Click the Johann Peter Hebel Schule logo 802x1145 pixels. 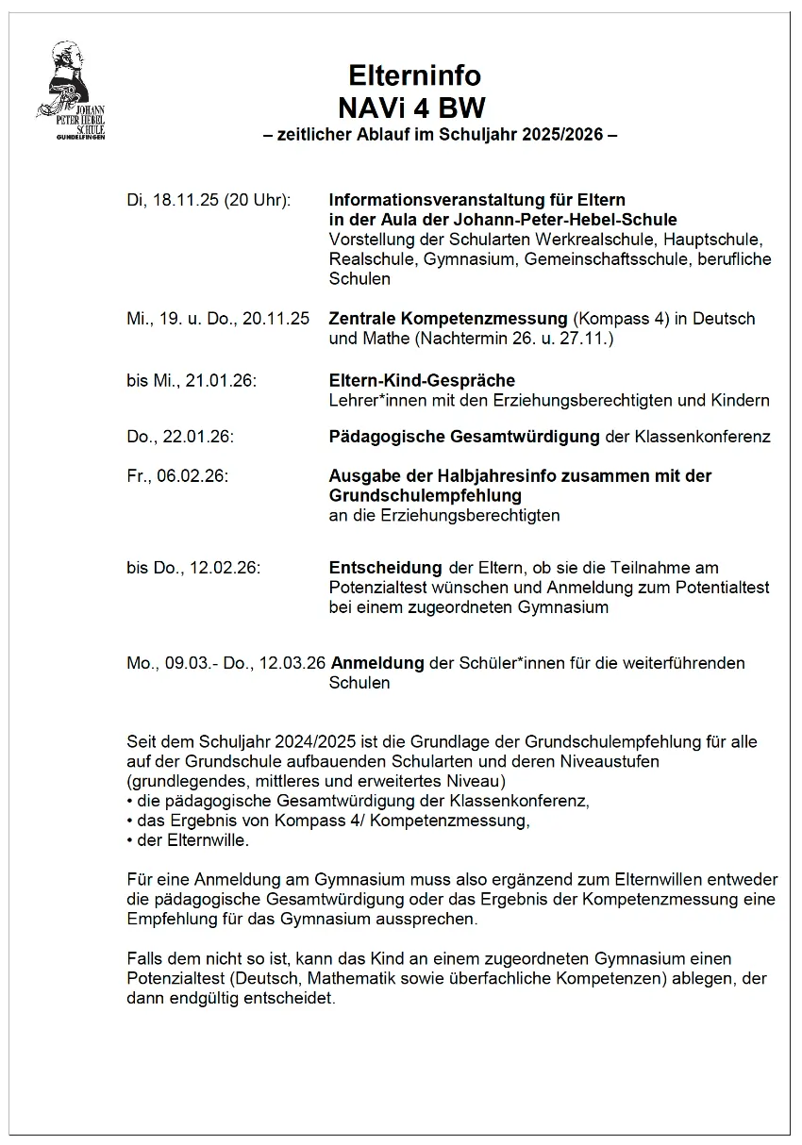point(72,92)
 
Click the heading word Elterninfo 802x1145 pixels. point(415,75)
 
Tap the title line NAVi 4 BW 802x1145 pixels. point(415,107)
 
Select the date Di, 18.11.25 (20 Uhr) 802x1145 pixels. point(209,200)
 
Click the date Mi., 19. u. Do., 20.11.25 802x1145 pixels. point(218,319)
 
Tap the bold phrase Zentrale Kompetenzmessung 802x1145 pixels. point(448,319)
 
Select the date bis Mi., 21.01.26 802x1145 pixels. point(192,380)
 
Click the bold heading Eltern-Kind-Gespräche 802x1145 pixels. point(422,380)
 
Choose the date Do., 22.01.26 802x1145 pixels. point(180,437)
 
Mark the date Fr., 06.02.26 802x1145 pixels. point(177,476)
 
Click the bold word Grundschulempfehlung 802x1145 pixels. point(425,495)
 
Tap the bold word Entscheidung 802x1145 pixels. point(385,568)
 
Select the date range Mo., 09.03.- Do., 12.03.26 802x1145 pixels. point(226,663)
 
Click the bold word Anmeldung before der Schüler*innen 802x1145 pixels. point(376,663)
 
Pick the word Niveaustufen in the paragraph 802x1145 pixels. point(610,762)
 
